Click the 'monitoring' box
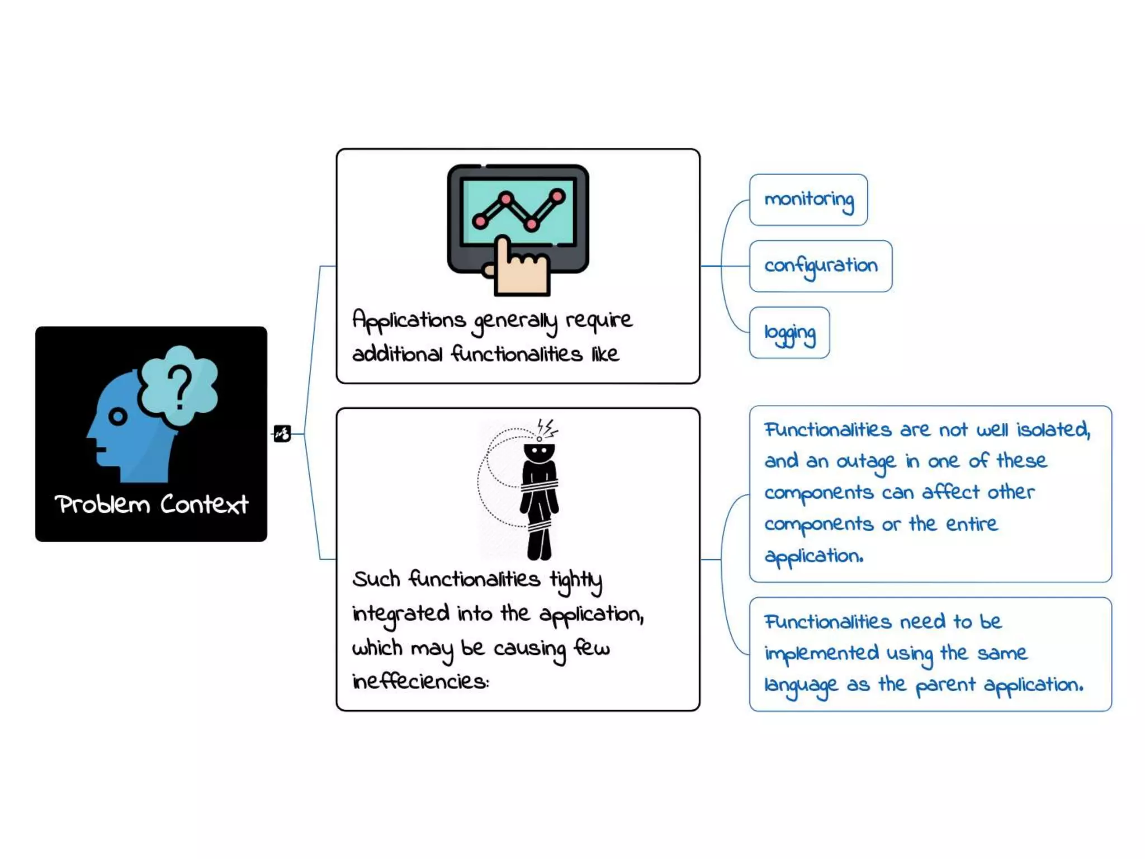(x=808, y=200)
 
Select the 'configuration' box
(x=820, y=266)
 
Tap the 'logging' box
(x=789, y=333)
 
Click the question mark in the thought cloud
(x=179, y=386)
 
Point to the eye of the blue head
(x=117, y=417)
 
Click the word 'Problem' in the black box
(x=102, y=504)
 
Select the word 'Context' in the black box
(x=204, y=504)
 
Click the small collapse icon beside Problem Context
(x=282, y=433)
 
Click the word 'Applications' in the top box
(x=409, y=320)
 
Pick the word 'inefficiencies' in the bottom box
(x=420, y=681)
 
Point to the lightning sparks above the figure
(x=547, y=428)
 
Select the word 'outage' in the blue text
(x=865, y=462)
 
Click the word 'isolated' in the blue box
(x=1053, y=429)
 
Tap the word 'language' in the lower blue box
(x=801, y=685)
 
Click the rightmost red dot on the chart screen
(x=557, y=196)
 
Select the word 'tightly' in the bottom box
(x=576, y=580)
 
